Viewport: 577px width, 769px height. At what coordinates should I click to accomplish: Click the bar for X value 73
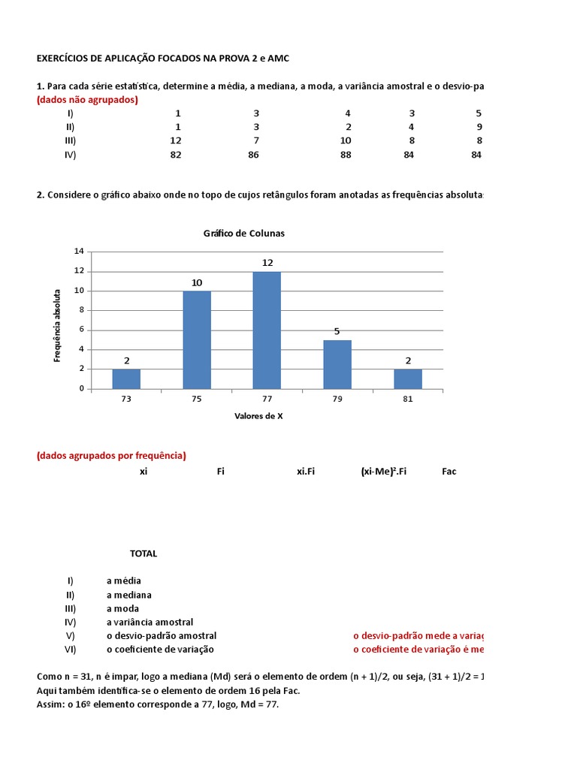126,378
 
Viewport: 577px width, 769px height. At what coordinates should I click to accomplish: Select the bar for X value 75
197,339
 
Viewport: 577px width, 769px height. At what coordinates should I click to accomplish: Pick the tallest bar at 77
267,330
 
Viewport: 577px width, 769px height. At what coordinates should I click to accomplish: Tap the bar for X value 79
337,364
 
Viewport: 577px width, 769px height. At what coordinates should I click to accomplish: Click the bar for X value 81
408,378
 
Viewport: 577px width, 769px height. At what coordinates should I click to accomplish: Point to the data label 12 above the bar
267,263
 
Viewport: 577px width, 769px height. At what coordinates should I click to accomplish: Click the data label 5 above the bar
337,331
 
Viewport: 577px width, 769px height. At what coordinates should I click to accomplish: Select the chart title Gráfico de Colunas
244,233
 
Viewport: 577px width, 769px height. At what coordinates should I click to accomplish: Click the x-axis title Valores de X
258,416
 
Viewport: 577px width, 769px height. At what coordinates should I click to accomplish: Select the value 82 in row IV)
176,155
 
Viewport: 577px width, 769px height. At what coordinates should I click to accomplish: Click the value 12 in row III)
176,140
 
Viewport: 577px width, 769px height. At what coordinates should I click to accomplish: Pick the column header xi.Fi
306,472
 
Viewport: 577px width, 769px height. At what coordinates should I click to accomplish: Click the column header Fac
449,472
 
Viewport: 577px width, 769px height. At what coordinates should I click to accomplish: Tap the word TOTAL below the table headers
143,553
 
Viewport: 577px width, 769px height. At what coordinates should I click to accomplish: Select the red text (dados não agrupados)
87,100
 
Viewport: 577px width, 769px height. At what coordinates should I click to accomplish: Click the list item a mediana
129,595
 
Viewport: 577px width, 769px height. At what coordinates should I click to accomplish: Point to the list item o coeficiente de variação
160,649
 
